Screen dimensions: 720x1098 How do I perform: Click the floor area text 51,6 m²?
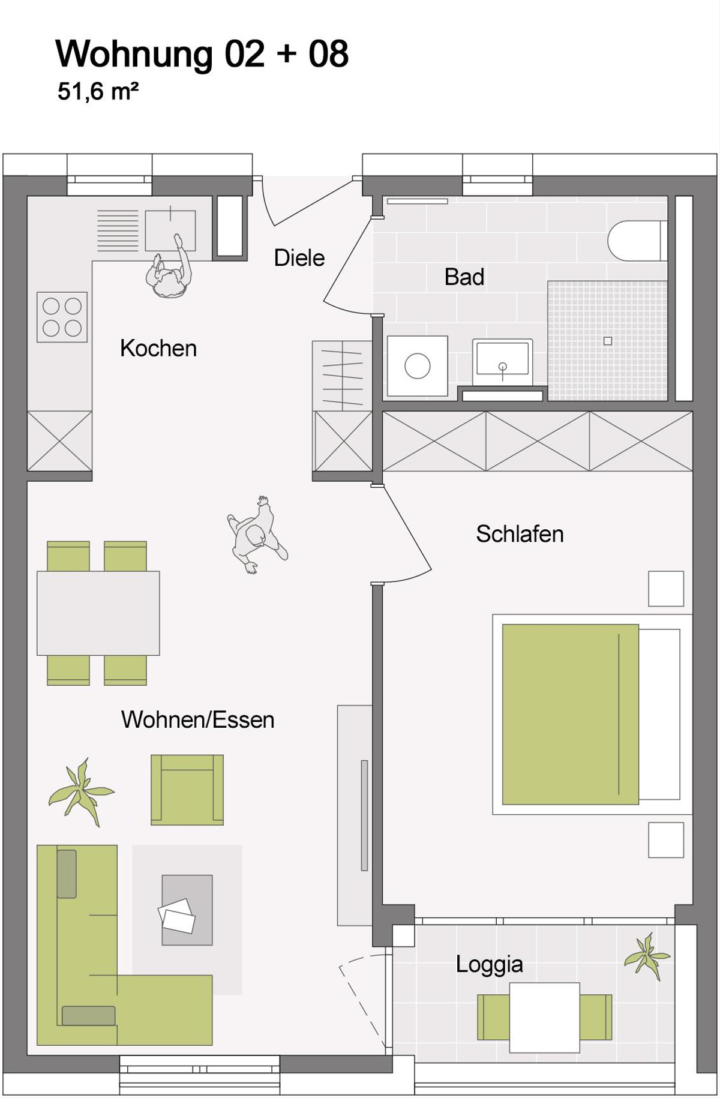click(x=98, y=92)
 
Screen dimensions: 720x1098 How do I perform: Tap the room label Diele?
click(x=299, y=258)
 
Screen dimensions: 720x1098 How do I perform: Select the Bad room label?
click(x=464, y=277)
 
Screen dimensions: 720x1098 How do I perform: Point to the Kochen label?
click(x=158, y=349)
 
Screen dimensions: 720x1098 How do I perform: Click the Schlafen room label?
click(x=520, y=534)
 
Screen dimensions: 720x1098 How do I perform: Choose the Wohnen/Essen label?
click(x=197, y=719)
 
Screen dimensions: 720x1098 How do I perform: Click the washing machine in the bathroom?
click(x=418, y=366)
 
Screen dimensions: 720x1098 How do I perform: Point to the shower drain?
click(x=608, y=341)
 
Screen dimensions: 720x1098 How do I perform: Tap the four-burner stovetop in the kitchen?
click(x=62, y=317)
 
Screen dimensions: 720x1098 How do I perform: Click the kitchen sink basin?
click(x=170, y=230)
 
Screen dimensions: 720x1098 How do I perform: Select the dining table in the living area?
click(x=98, y=613)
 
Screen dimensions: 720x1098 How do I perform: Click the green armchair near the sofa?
click(x=187, y=790)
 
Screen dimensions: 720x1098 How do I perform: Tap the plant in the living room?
click(x=80, y=792)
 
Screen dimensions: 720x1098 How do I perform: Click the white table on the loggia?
click(x=545, y=1018)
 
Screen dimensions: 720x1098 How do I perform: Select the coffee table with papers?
click(x=187, y=910)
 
